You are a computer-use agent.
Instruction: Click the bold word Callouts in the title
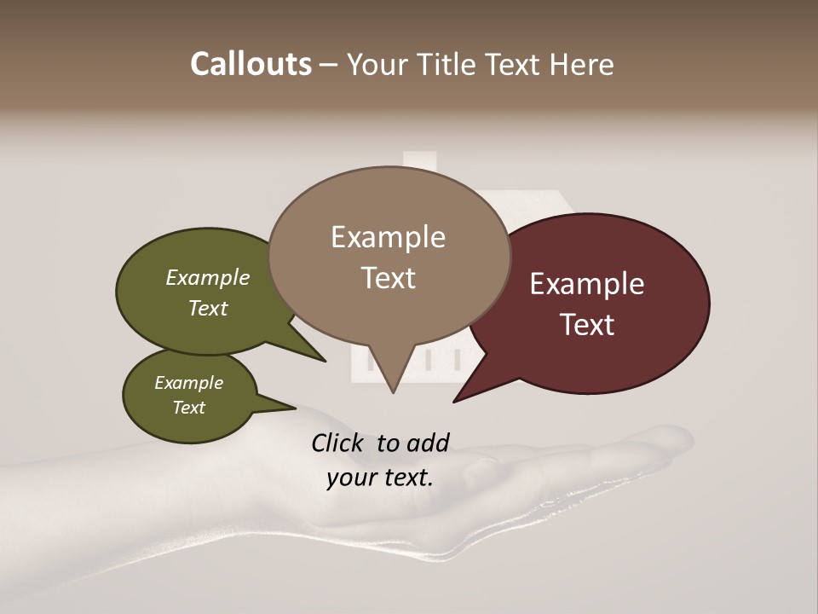point(251,64)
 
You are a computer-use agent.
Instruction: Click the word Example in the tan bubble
point(388,237)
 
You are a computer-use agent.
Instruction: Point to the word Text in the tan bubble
point(389,278)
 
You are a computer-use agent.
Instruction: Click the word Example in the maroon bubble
point(587,284)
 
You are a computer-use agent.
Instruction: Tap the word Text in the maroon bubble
point(588,325)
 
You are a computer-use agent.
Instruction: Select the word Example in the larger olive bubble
point(208,278)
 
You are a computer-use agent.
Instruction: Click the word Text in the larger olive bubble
point(208,309)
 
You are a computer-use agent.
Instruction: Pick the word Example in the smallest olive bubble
point(188,383)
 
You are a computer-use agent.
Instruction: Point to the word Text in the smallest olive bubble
point(189,408)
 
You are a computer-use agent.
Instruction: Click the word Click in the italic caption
point(338,443)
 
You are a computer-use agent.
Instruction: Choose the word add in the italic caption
point(427,443)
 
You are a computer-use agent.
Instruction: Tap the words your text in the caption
point(380,478)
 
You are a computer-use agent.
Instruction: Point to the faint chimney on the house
point(418,162)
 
